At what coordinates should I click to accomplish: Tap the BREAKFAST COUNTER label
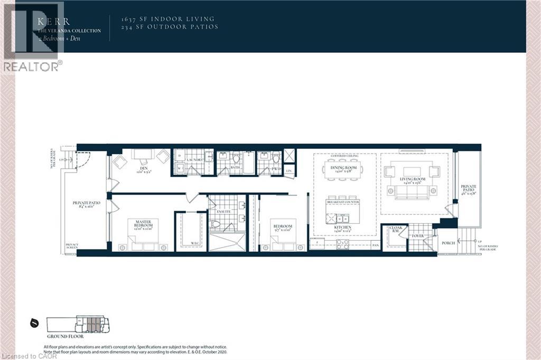[343, 202]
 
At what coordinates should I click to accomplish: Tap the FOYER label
[417, 236]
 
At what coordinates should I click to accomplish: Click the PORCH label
[448, 243]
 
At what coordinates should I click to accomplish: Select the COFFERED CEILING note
[344, 157]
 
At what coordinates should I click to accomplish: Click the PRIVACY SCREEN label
[72, 247]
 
